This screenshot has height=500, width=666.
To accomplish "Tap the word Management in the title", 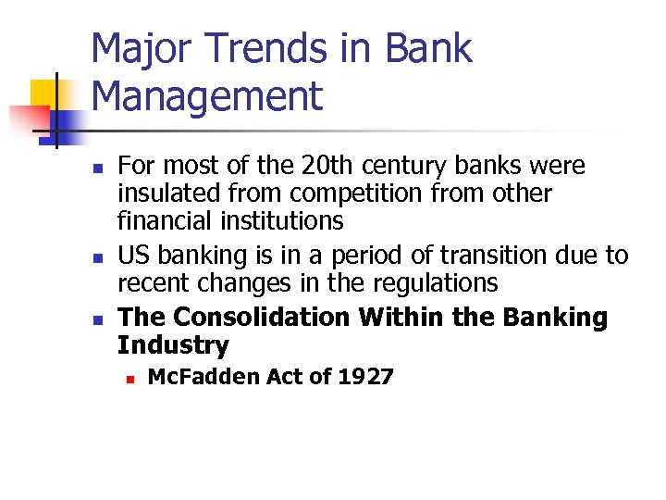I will (208, 96).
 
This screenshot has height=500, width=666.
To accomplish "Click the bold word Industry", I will (173, 345).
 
